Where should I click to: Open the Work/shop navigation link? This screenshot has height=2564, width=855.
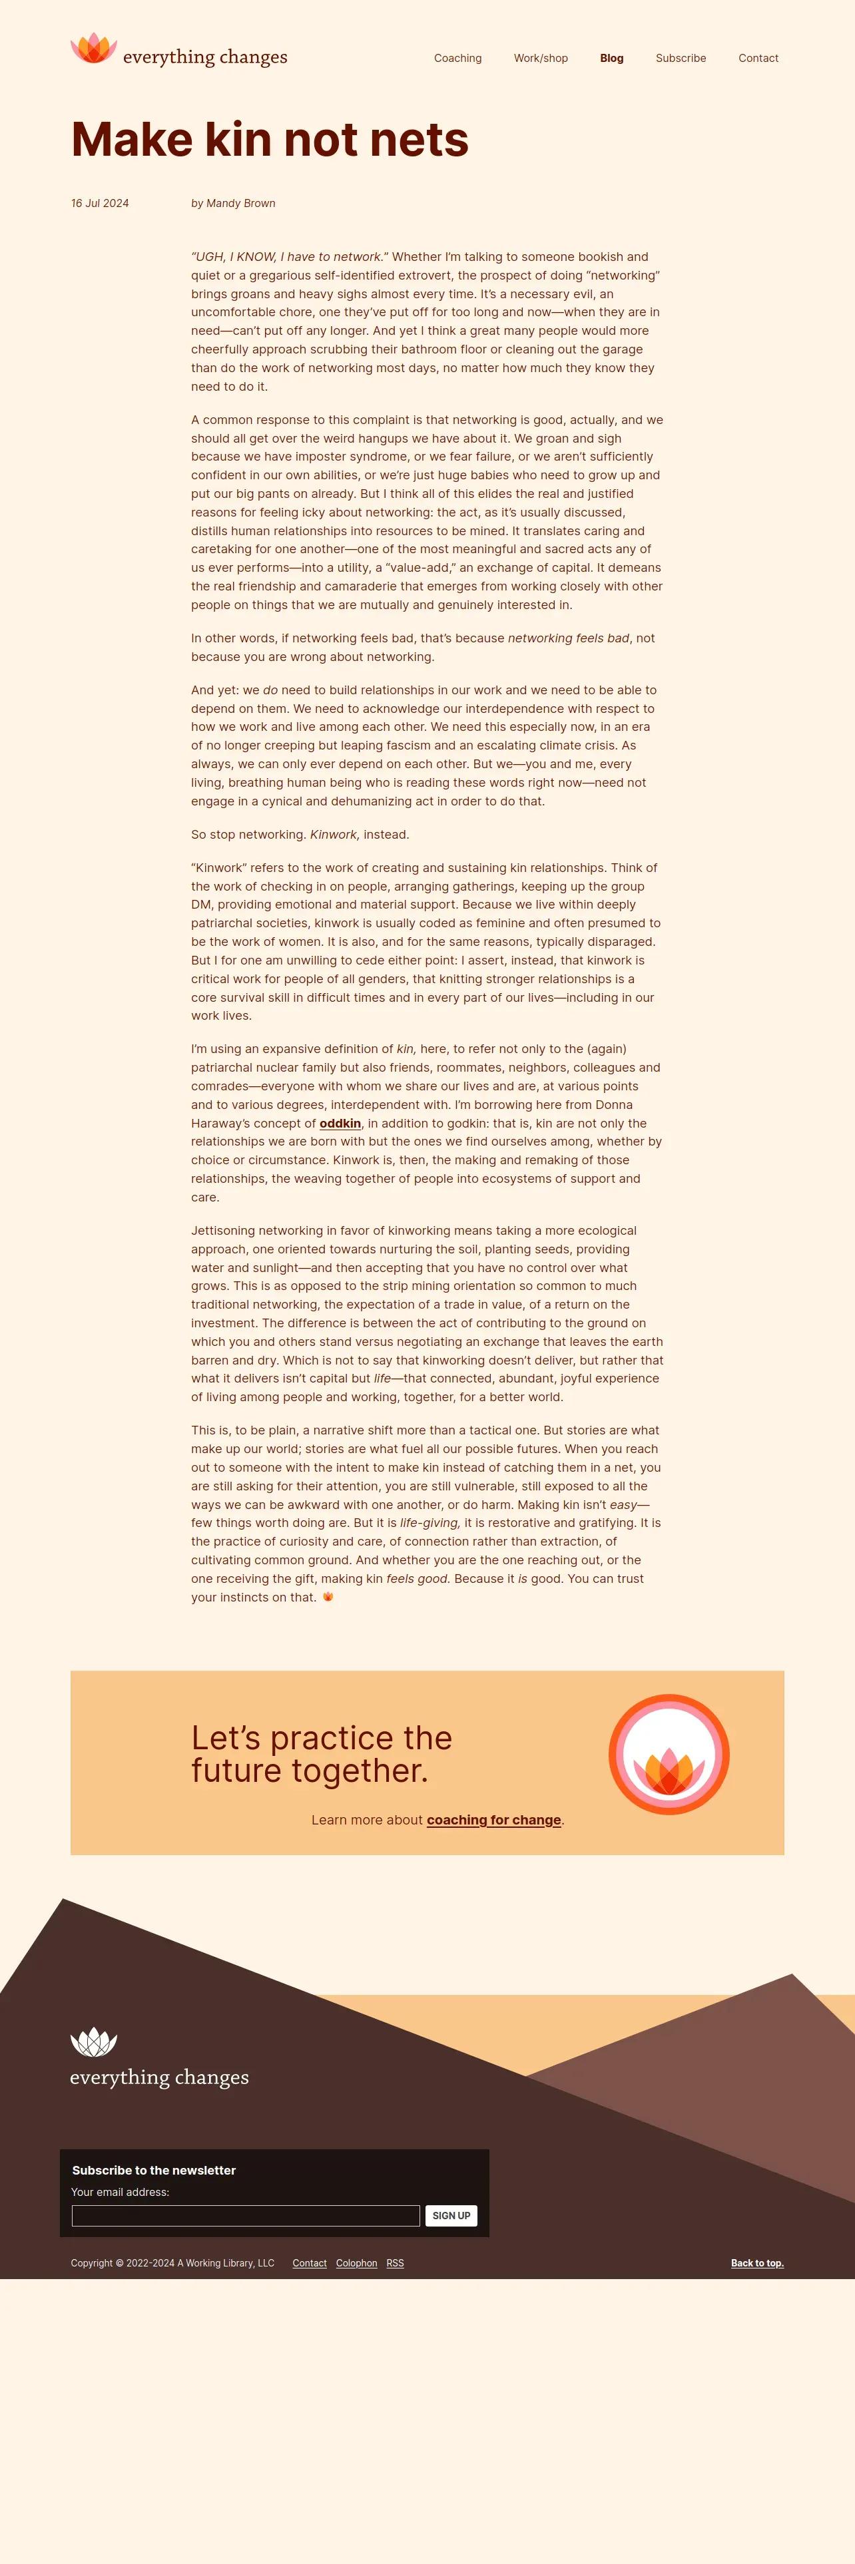coord(541,59)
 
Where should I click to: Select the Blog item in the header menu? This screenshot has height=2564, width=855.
coord(611,59)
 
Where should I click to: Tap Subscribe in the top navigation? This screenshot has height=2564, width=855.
coord(681,59)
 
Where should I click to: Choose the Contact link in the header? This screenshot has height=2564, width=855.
coord(758,59)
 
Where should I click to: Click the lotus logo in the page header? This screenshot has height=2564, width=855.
coord(94,49)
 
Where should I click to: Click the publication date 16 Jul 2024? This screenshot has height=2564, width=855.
coord(99,203)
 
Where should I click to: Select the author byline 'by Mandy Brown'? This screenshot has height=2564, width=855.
coord(233,203)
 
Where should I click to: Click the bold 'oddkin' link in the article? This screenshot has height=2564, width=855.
coord(340,1124)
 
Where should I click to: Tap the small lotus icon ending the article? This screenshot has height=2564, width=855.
coord(328,1597)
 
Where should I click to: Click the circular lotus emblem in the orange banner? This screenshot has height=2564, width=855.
coord(669,1754)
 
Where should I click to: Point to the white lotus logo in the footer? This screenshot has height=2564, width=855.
coord(94,2041)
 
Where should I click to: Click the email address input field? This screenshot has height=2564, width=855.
coord(246,2216)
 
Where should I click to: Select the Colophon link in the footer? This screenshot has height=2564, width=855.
coord(356,2263)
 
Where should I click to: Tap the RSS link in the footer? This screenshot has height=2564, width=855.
coord(395,2263)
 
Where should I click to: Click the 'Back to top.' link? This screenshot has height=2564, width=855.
coord(756,2263)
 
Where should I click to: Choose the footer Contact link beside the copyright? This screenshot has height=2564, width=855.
coord(310,2263)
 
